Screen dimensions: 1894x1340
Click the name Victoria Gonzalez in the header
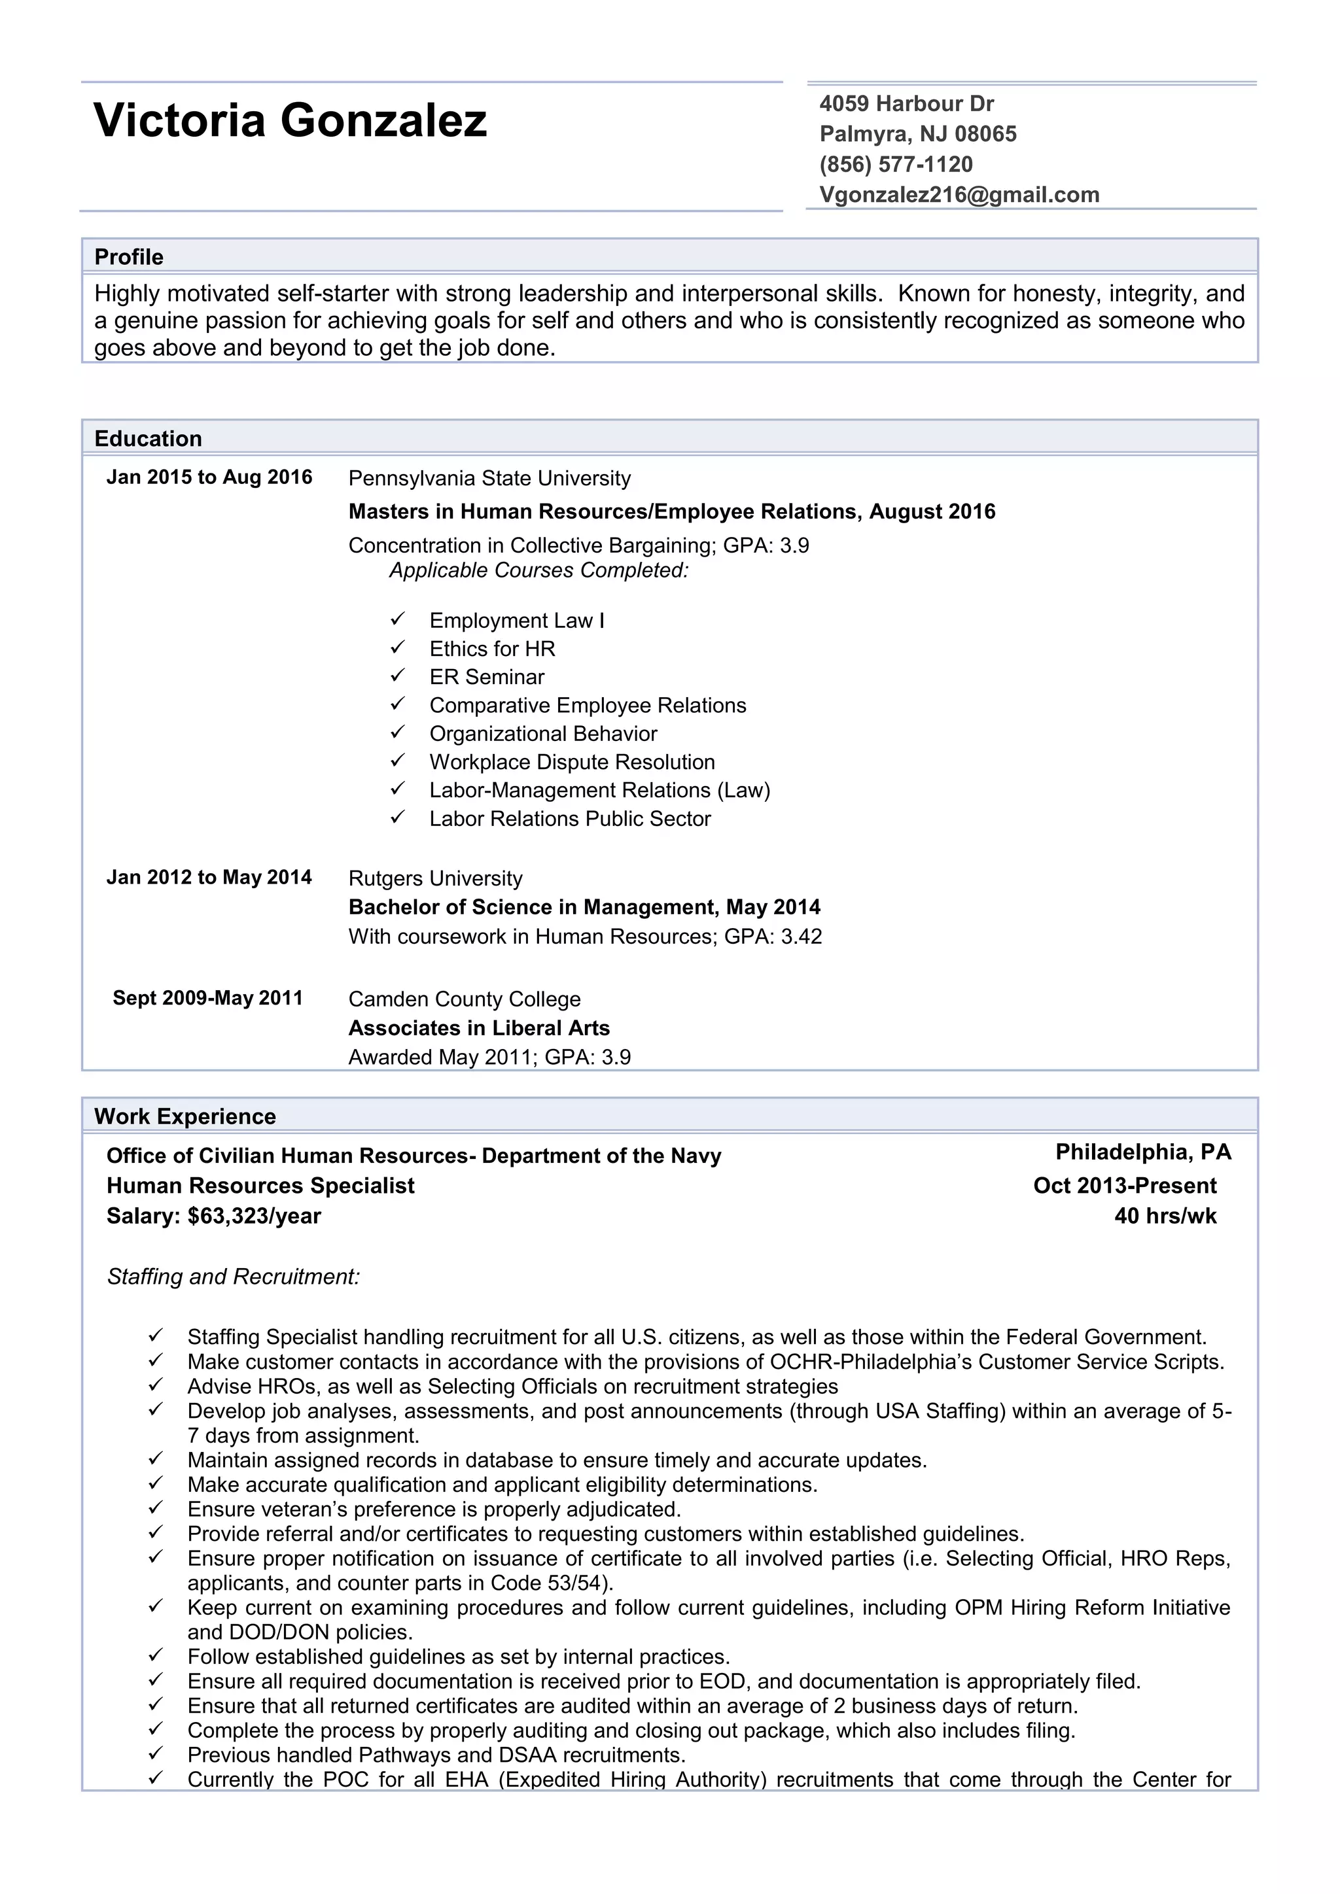[x=290, y=120]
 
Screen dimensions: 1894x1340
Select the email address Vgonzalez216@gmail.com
[x=959, y=195]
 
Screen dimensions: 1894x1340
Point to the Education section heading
[x=148, y=438]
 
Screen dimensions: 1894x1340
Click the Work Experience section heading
[x=185, y=1116]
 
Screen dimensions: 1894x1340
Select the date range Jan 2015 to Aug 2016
[x=209, y=477]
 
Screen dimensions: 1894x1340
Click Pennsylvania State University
[x=489, y=479]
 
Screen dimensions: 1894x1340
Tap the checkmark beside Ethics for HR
[x=398, y=647]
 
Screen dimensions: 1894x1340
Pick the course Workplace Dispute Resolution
[x=572, y=761]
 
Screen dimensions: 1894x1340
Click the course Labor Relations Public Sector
[x=569, y=818]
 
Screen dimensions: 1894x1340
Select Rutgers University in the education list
[x=435, y=878]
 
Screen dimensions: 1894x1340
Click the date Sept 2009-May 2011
[x=208, y=998]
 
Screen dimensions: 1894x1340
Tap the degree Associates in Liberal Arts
[x=478, y=1028]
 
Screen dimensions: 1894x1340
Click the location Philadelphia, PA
[x=1143, y=1152]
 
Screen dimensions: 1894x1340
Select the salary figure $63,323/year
[x=254, y=1216]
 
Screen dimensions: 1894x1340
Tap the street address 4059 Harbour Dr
[x=906, y=103]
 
